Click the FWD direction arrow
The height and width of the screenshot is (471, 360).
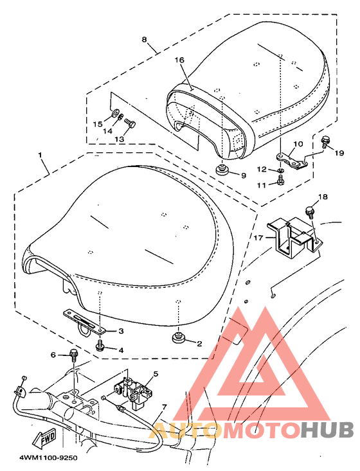tap(44, 437)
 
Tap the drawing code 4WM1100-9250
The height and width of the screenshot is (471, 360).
tap(48, 458)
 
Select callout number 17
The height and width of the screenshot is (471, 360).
tap(258, 238)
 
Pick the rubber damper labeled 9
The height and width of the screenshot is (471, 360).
tap(222, 170)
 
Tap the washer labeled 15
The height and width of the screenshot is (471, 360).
tap(114, 114)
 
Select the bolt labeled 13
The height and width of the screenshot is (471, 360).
tap(130, 123)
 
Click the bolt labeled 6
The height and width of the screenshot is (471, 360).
tap(73, 355)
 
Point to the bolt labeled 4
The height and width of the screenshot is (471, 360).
tap(100, 346)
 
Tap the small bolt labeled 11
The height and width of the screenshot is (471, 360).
tap(280, 180)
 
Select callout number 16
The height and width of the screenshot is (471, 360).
tap(179, 60)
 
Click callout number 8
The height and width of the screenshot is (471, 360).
tap(145, 39)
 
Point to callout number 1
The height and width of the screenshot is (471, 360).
tap(40, 156)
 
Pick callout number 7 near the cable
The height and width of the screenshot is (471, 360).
tap(164, 407)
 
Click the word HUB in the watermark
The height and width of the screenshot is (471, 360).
tap(328, 429)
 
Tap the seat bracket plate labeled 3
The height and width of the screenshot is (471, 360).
tap(85, 321)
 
